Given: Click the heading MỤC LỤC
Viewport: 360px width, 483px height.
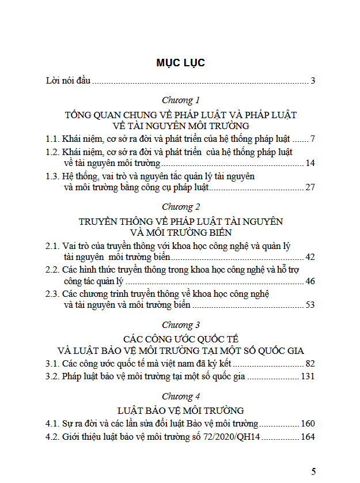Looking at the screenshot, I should click(180, 63).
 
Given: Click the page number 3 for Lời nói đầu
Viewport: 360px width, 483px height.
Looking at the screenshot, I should click(313, 81).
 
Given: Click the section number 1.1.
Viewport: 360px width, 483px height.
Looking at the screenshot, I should click(53, 139).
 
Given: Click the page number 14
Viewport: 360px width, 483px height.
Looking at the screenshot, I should click(310, 164).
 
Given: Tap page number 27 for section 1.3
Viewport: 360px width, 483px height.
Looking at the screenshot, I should click(310, 187).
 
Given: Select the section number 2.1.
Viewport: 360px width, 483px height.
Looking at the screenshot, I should click(53, 246).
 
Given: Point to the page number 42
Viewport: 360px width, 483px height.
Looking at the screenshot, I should click(310, 257).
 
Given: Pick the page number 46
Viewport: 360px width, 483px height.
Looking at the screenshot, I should click(310, 281).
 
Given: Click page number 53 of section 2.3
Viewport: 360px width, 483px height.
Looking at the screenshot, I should click(310, 305).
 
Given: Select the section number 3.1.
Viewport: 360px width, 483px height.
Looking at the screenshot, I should click(53, 364).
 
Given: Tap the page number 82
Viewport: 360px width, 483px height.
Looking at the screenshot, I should click(310, 364).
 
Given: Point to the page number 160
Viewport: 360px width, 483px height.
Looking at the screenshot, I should click(308, 424).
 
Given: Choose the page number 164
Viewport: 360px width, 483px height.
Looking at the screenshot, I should click(308, 437).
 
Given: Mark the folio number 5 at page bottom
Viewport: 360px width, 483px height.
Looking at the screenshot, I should click(313, 471).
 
